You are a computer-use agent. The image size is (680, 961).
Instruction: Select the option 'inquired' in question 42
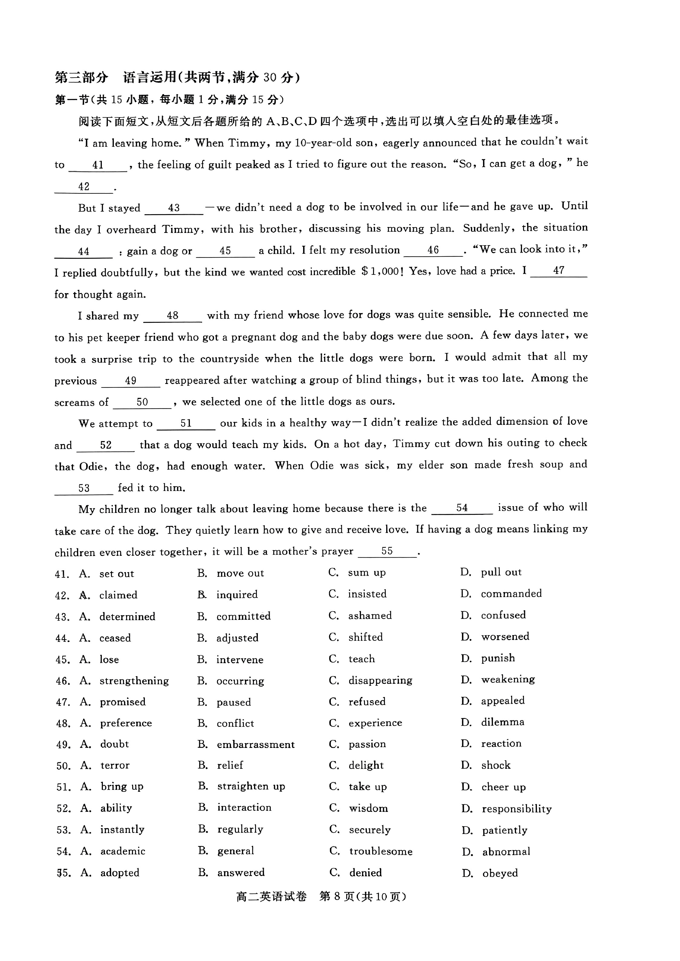236,594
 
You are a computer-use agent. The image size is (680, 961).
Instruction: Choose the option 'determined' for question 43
127,616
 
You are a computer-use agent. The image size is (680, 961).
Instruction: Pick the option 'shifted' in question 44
365,637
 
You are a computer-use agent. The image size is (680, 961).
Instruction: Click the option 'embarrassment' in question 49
255,744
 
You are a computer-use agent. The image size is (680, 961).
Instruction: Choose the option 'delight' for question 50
366,765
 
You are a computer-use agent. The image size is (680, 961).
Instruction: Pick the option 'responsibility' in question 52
516,809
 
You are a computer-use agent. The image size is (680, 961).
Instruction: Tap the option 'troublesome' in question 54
380,851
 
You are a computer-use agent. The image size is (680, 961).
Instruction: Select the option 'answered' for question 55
241,872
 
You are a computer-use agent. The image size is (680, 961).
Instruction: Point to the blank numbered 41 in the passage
98,165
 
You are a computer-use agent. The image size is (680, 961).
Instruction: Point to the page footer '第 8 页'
337,896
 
